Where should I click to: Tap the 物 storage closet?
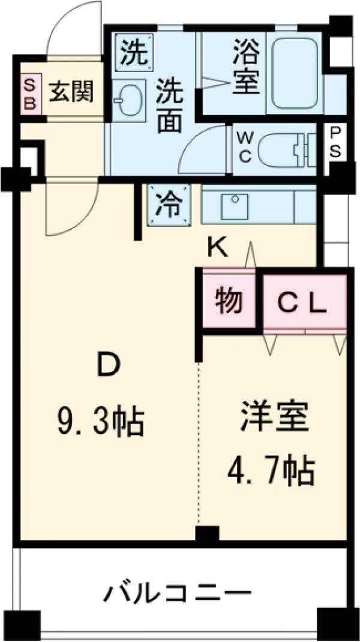pos(229,301)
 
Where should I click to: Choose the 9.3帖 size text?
pos(100,423)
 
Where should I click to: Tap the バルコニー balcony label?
pos(178,594)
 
